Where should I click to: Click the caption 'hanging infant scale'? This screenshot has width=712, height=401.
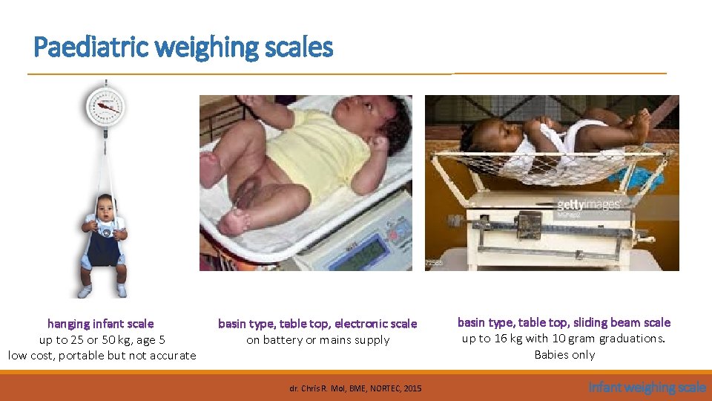click(x=101, y=324)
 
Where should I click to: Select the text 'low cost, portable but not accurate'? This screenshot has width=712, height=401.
click(x=102, y=356)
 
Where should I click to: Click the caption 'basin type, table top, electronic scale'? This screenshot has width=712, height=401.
click(x=317, y=324)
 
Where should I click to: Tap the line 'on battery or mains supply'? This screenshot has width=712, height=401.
click(x=317, y=340)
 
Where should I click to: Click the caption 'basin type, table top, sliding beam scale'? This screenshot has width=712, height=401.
click(x=564, y=322)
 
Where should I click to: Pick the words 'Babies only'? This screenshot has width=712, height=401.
click(x=564, y=355)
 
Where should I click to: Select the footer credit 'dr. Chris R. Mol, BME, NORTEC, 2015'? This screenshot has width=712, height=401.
click(x=355, y=388)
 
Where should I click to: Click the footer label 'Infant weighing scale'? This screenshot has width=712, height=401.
click(x=647, y=387)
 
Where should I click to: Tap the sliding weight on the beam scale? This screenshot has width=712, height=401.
click(x=530, y=224)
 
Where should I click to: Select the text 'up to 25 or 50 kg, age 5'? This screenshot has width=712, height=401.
click(x=102, y=340)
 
